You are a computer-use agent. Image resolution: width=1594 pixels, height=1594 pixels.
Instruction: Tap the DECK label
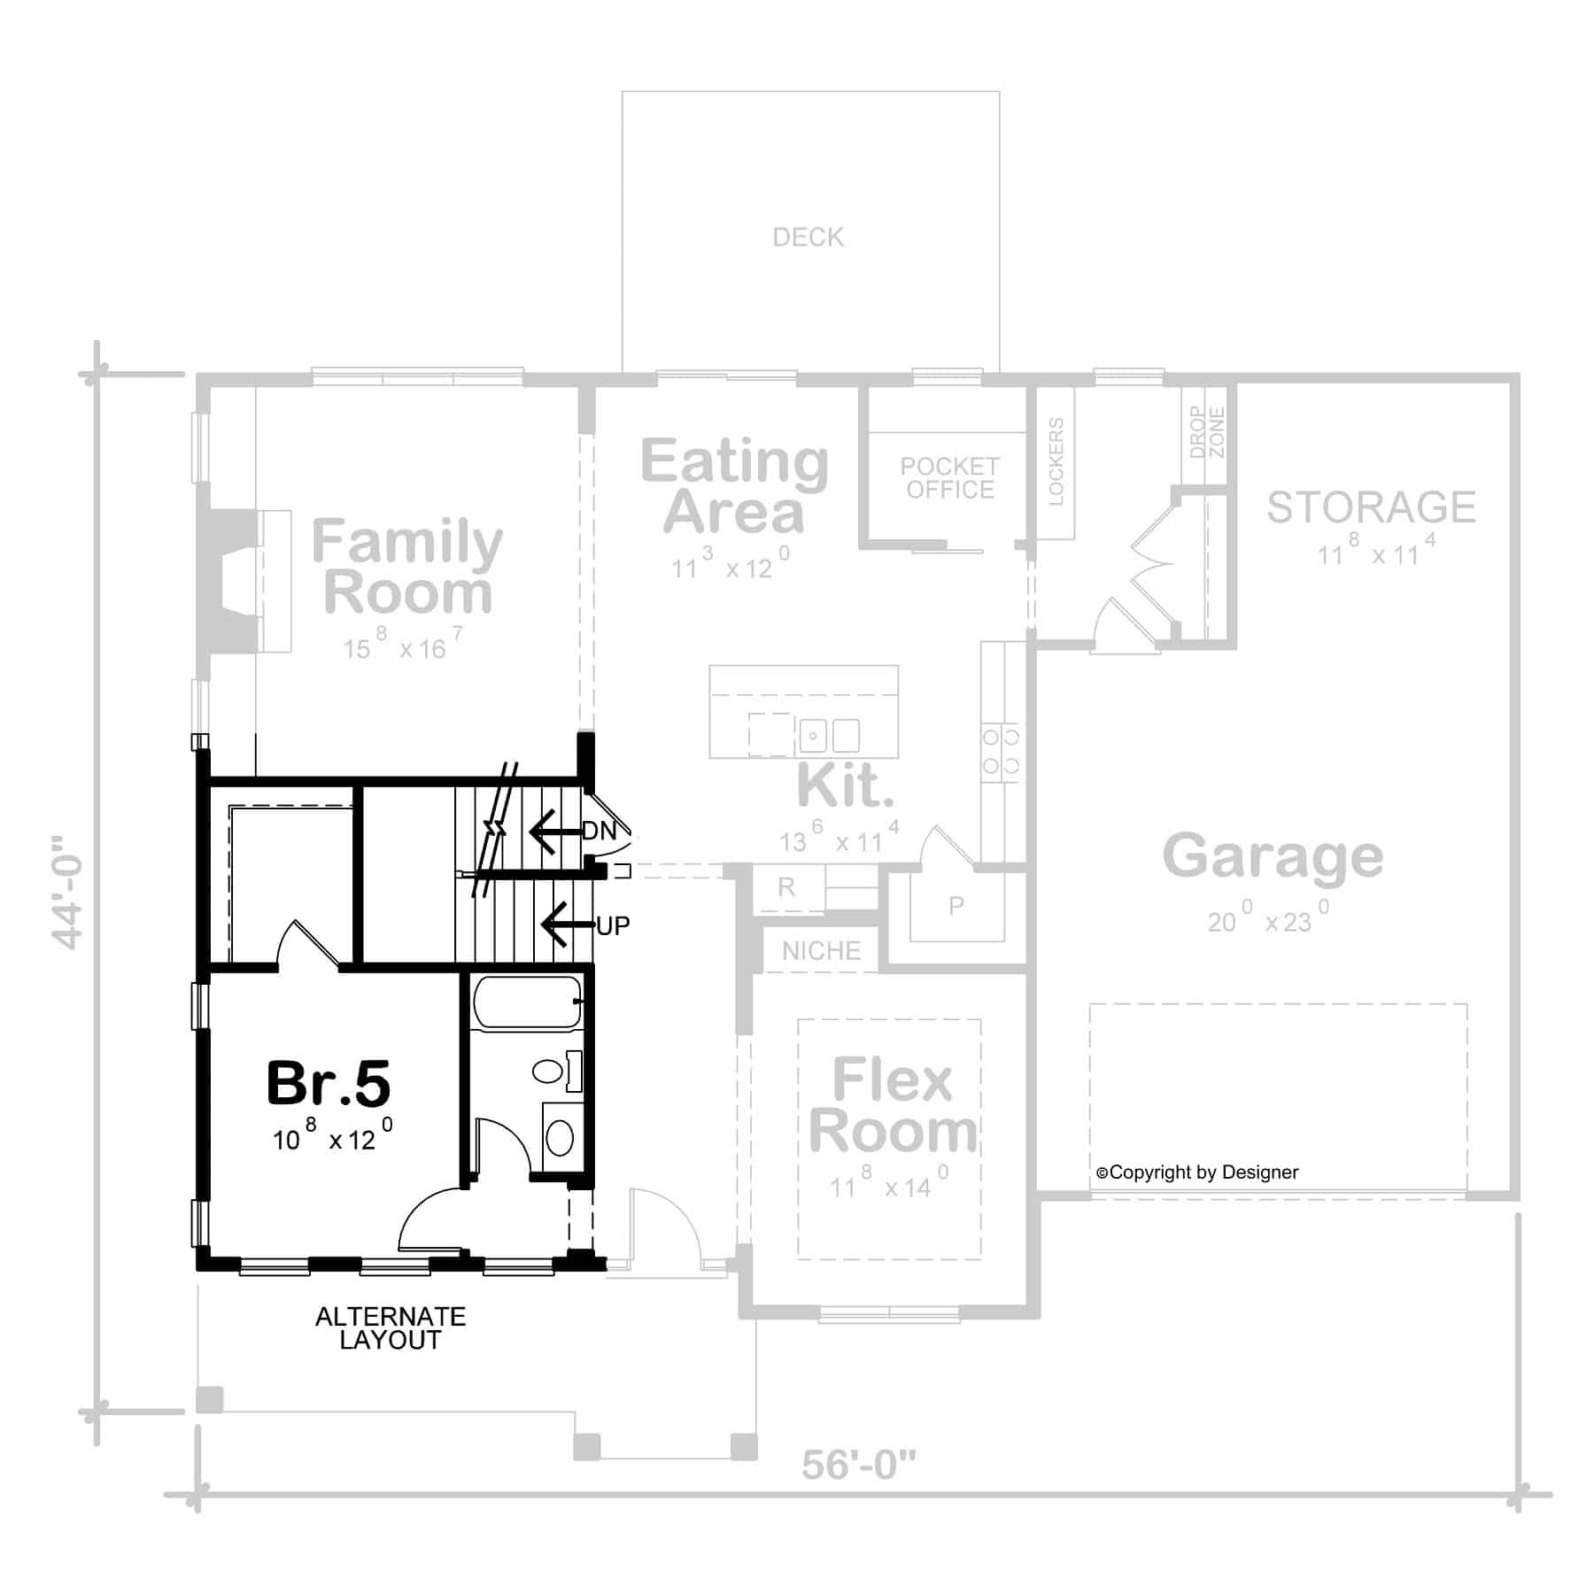pyautogui.click(x=808, y=237)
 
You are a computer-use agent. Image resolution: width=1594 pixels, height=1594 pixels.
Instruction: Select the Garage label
pyautogui.click(x=1273, y=856)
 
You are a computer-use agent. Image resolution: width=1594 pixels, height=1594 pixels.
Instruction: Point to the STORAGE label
pyautogui.click(x=1371, y=507)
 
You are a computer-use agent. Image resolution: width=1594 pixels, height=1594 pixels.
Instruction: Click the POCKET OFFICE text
pyautogui.click(x=949, y=478)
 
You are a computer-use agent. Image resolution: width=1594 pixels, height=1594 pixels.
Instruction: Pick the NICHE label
pyautogui.click(x=821, y=951)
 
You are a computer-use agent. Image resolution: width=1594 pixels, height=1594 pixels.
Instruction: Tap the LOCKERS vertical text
pyautogui.click(x=1056, y=461)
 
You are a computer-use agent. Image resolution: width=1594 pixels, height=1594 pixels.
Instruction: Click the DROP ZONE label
pyautogui.click(x=1207, y=432)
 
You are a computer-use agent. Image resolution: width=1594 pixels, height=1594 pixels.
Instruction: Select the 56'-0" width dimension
pyautogui.click(x=858, y=1466)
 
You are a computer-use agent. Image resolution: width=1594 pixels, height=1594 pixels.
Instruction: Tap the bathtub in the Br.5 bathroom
pyautogui.click(x=527, y=1002)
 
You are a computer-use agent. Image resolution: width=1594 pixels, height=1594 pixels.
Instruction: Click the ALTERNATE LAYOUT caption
pyautogui.click(x=391, y=1328)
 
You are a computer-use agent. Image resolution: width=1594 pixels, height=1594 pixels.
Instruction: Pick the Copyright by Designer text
pyautogui.click(x=1197, y=1172)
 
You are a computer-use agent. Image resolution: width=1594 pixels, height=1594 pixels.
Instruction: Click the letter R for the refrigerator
pyautogui.click(x=786, y=887)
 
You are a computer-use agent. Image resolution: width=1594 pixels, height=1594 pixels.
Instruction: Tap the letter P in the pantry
pyautogui.click(x=956, y=906)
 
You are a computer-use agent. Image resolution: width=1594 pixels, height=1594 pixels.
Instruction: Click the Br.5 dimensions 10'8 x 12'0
pyautogui.click(x=332, y=1137)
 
